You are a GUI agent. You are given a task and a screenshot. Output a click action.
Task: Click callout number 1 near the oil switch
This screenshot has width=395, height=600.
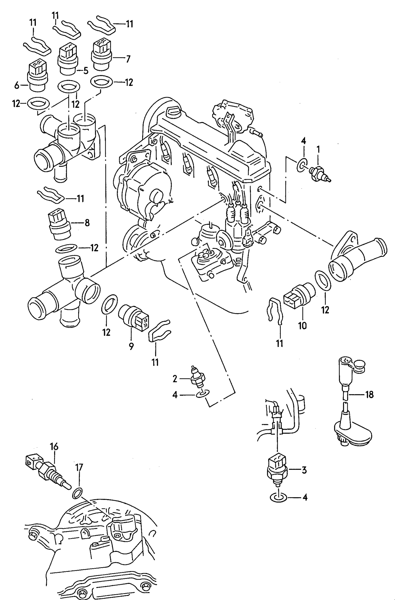click(x=318, y=150)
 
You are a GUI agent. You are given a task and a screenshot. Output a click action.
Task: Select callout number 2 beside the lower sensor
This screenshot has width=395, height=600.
click(x=175, y=379)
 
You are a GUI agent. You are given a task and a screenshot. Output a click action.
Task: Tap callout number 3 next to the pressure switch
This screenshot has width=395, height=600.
click(x=304, y=470)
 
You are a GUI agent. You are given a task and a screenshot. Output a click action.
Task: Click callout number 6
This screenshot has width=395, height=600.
click(x=17, y=86)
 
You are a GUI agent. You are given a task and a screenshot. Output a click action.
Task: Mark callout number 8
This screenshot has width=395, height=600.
click(x=87, y=223)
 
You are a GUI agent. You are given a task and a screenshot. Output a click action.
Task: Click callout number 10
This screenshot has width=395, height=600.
click(x=302, y=325)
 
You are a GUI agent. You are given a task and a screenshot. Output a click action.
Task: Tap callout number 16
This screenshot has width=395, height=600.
click(x=54, y=447)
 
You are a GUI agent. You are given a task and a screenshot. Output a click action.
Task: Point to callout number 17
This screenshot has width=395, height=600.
click(x=79, y=467)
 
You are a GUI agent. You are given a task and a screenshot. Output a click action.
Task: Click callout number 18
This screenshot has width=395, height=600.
click(x=369, y=394)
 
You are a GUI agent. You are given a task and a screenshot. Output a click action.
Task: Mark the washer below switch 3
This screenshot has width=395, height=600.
click(x=278, y=497)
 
